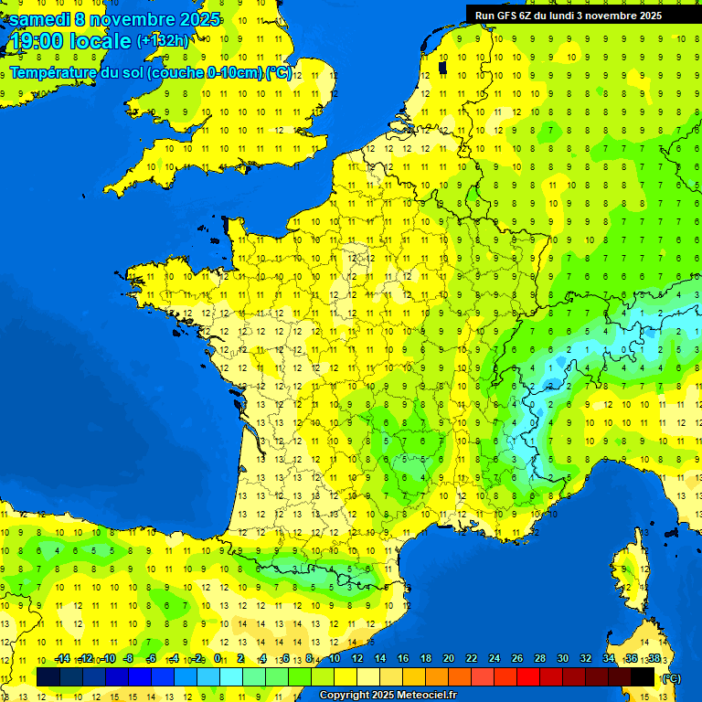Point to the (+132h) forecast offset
point(162,41)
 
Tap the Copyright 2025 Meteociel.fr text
point(388,695)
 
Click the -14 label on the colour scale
point(62,658)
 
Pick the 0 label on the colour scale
point(218,658)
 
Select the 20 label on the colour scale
point(448,658)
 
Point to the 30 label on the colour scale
point(562,658)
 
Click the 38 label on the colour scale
point(654,658)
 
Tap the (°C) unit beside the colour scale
point(670,677)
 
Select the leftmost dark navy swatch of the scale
point(48,676)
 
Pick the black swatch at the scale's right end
point(643,676)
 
